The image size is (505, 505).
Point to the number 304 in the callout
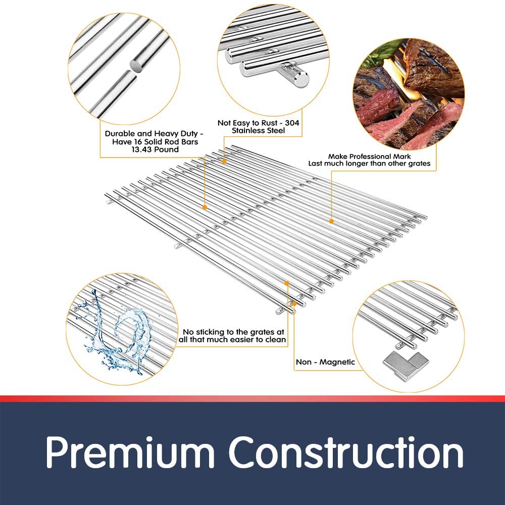292,123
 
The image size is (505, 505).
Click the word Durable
120,134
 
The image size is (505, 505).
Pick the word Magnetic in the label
337,362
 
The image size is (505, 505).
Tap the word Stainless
247,130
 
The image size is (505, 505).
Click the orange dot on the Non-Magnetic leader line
294,304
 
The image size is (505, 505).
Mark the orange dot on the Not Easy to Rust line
224,161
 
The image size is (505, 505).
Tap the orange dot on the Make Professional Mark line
331,221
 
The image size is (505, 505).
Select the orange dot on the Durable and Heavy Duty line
205,208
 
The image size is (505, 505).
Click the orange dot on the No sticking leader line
287,283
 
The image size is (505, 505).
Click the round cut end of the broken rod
137,67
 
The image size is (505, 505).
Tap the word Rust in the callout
270,123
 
